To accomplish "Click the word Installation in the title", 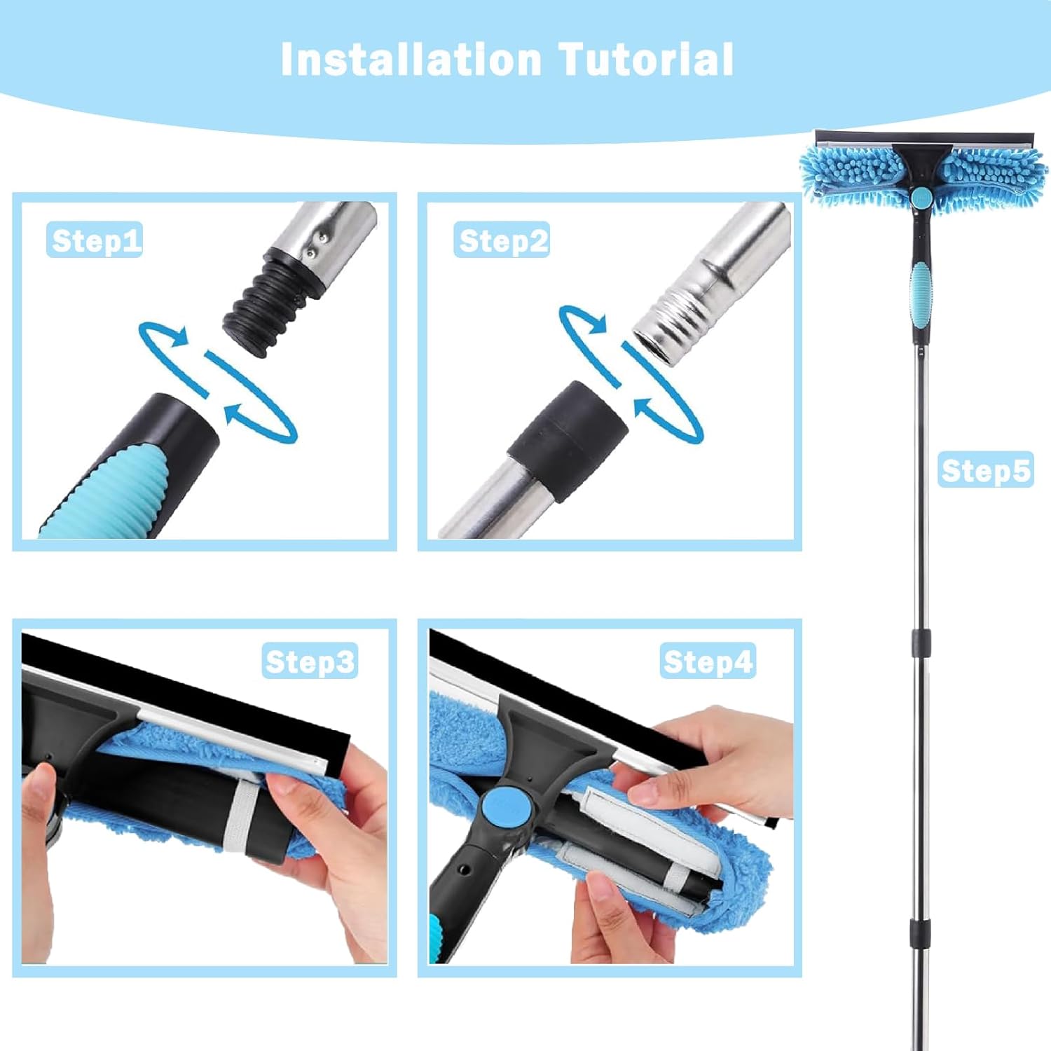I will (411, 60).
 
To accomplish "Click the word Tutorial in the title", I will (645, 60).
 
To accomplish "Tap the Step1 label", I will (95, 240).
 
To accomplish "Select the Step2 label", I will (502, 240).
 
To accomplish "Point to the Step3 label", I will (310, 661).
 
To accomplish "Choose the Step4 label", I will (708, 661).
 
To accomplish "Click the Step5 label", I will (985, 470).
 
